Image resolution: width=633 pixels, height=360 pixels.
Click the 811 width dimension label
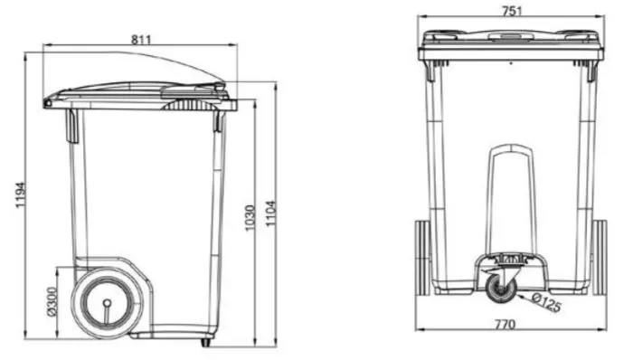tap(141, 40)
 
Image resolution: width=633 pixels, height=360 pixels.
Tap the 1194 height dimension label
tap(21, 195)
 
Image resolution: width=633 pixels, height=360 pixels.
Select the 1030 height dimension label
tap(250, 218)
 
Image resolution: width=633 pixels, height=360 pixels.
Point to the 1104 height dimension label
tap(271, 213)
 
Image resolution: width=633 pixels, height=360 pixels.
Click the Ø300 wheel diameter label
tap(52, 301)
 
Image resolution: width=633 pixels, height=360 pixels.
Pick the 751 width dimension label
tap(512, 11)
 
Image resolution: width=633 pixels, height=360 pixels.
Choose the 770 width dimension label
tap(505, 324)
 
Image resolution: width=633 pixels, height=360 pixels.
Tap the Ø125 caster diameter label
tap(546, 303)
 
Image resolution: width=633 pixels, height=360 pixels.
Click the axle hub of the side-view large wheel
tap(107, 303)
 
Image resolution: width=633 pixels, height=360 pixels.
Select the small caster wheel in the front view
tap(501, 288)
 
